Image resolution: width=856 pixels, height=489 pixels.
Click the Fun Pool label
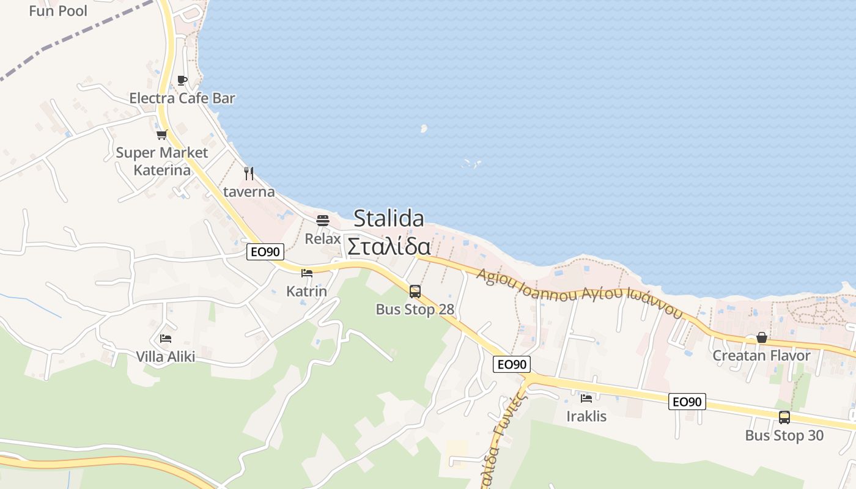(x=58, y=10)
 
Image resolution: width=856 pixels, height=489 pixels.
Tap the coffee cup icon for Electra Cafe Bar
(x=182, y=80)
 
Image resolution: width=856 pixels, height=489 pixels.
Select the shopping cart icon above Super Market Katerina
(x=161, y=134)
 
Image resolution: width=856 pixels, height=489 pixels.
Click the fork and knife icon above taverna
(x=249, y=174)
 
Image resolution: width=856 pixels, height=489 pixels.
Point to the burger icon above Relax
(x=322, y=220)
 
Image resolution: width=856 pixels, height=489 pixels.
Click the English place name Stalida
(x=389, y=218)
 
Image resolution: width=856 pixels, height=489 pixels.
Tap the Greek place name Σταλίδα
(x=389, y=246)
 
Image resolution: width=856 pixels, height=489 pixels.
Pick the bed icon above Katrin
(x=307, y=273)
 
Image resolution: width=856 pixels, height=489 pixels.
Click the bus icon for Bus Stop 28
(x=415, y=292)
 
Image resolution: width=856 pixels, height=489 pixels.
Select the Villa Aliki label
(x=166, y=356)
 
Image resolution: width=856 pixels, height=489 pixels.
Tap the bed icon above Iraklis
(x=586, y=399)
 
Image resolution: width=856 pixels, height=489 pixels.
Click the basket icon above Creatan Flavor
(x=762, y=337)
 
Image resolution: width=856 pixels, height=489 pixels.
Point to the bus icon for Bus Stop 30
(x=784, y=417)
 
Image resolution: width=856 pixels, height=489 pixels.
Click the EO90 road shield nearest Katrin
(x=265, y=252)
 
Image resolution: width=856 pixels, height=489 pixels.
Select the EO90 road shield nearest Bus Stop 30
(x=688, y=402)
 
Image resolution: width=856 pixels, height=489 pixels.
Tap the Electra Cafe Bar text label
(x=182, y=98)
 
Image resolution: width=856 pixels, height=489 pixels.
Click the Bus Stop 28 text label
(x=415, y=309)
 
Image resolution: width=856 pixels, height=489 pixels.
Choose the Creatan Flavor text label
(x=762, y=355)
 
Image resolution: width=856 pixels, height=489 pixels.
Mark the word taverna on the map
(x=249, y=191)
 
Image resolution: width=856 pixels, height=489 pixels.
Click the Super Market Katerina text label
(x=162, y=161)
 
